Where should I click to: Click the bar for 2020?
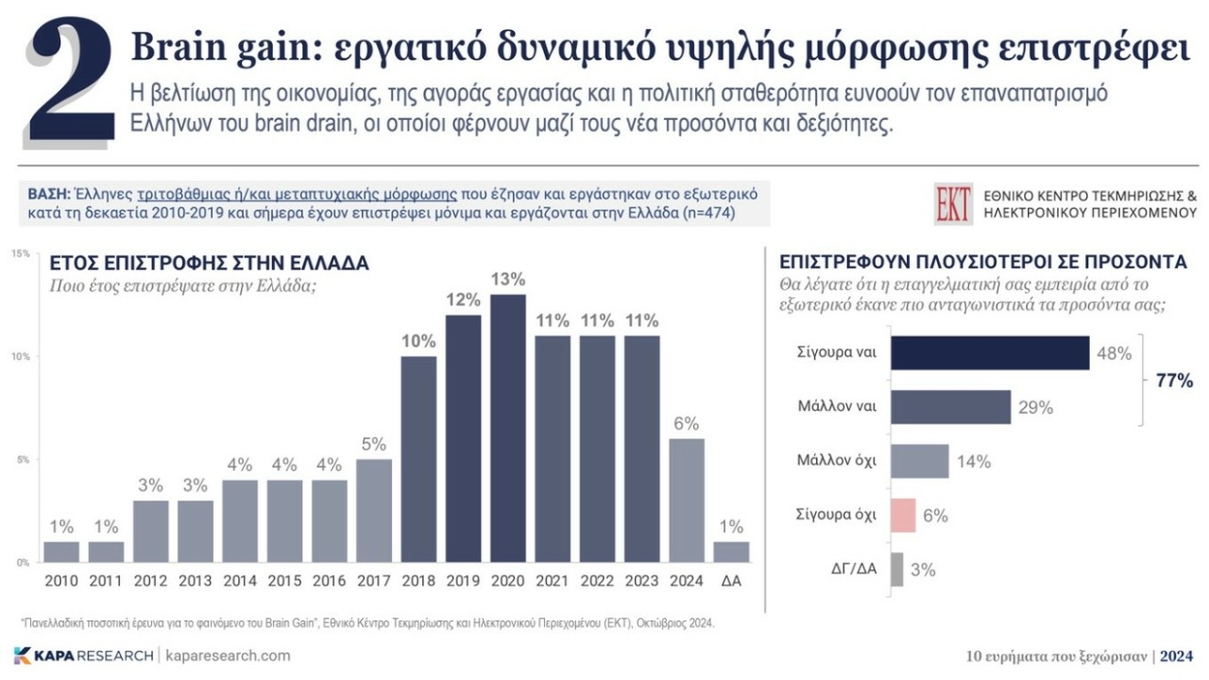click(x=508, y=429)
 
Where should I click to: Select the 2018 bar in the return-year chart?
click(x=418, y=459)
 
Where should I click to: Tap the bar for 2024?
click(x=686, y=501)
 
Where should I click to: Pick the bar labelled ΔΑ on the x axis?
click(x=731, y=552)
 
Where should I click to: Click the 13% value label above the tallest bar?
click(x=508, y=280)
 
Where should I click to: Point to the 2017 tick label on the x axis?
click(x=373, y=581)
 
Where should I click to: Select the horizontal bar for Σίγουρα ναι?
click(x=990, y=353)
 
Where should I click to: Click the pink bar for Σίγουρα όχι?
click(x=903, y=516)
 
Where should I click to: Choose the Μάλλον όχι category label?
click(x=838, y=462)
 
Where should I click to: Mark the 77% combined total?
click(x=1174, y=382)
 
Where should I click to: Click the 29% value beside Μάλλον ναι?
click(x=1035, y=408)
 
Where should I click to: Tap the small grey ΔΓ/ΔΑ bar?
click(x=896, y=569)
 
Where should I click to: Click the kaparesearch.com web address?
click(x=228, y=655)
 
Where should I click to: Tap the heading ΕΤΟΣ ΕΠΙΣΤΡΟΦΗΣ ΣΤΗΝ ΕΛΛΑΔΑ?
click(x=209, y=263)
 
